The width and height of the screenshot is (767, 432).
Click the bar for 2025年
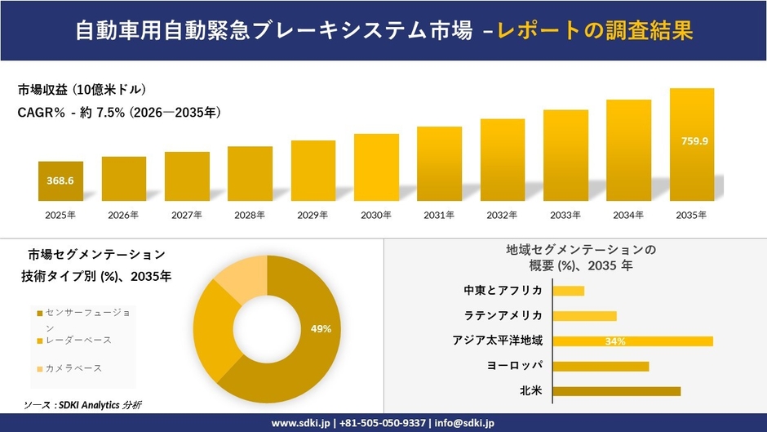pyautogui.click(x=60, y=181)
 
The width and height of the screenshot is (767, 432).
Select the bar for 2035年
pyautogui.click(x=692, y=145)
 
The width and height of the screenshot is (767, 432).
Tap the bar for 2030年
pyautogui.click(x=376, y=167)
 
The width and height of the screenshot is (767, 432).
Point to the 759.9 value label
pyautogui.click(x=694, y=141)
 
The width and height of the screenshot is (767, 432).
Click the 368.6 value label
pyautogui.click(x=60, y=180)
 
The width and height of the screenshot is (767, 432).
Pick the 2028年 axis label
pyautogui.click(x=250, y=215)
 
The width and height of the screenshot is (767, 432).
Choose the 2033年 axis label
pyautogui.click(x=565, y=215)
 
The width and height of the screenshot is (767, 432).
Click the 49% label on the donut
pyautogui.click(x=321, y=329)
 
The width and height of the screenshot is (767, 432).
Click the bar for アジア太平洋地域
pyautogui.click(x=632, y=341)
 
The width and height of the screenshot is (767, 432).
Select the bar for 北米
pyautogui.click(x=616, y=391)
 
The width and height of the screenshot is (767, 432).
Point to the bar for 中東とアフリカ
pyautogui.click(x=569, y=291)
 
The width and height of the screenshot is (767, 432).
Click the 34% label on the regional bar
pyautogui.click(x=615, y=341)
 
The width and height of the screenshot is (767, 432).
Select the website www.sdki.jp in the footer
pyautogui.click(x=300, y=423)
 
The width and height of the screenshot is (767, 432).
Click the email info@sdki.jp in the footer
pyautogui.click(x=464, y=423)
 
